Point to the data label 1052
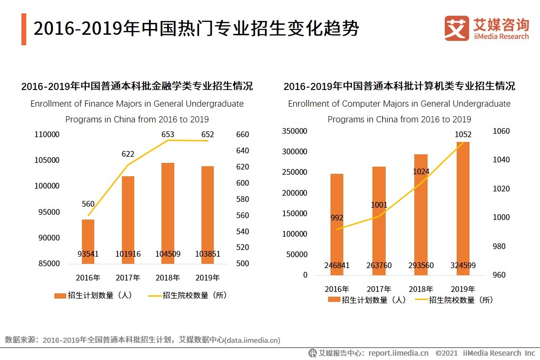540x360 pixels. (x=463, y=135)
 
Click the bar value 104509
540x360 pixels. (x=168, y=254)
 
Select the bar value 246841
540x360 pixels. (x=337, y=265)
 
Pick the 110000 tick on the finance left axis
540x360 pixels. (x=47, y=135)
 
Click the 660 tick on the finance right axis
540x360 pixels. (x=242, y=135)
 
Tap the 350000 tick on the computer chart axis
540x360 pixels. (x=295, y=131)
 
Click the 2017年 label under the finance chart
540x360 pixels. (x=128, y=278)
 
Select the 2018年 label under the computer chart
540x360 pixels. (x=421, y=289)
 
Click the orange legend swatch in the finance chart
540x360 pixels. (x=60, y=296)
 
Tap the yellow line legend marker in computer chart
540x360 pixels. (x=422, y=300)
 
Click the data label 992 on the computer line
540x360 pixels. (x=337, y=218)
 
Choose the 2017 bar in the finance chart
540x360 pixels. (x=128, y=220)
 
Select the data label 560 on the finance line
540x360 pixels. (x=88, y=204)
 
